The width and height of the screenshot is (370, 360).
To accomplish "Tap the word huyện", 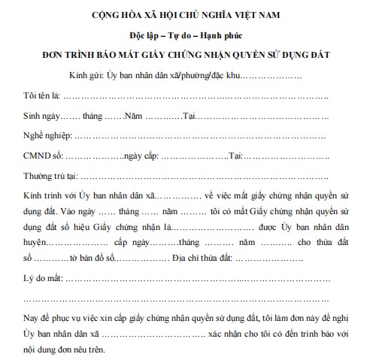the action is [x=34, y=244].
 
